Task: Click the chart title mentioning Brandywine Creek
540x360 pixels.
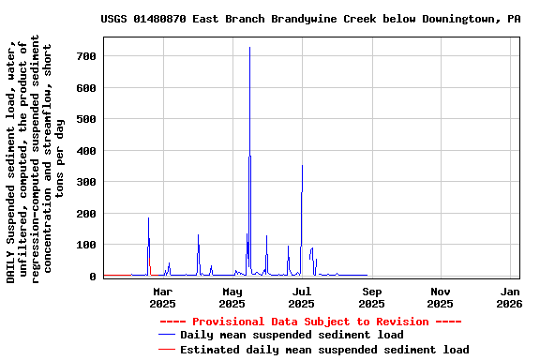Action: pyautogui.click(x=310, y=19)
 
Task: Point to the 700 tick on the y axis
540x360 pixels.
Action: pyautogui.click(x=87, y=56)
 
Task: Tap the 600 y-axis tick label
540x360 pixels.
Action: pyautogui.click(x=87, y=88)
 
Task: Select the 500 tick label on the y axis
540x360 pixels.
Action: pyautogui.click(x=87, y=119)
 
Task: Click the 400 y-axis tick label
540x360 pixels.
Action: pyautogui.click(x=87, y=151)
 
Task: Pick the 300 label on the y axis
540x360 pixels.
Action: pyautogui.click(x=87, y=182)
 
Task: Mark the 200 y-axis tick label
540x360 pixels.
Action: pyautogui.click(x=87, y=214)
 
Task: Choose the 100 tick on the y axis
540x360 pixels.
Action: pyautogui.click(x=87, y=245)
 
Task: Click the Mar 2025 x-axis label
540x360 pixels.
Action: pyautogui.click(x=162, y=297)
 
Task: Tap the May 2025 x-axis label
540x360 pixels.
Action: pyautogui.click(x=232, y=297)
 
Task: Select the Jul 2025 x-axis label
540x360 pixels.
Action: pyautogui.click(x=301, y=297)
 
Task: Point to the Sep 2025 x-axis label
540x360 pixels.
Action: pyautogui.click(x=371, y=297)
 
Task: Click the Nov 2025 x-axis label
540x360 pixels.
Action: pyautogui.click(x=441, y=297)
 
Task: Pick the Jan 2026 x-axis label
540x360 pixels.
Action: pyautogui.click(x=509, y=297)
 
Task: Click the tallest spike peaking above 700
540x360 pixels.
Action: pyautogui.click(x=249, y=49)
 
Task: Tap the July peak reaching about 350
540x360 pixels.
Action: pyautogui.click(x=302, y=167)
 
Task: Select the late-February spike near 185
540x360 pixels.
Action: pyautogui.click(x=148, y=219)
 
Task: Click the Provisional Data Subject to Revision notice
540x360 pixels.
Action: pyautogui.click(x=310, y=322)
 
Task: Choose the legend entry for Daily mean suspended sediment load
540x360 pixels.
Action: pyautogui.click(x=292, y=335)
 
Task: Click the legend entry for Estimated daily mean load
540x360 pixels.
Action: pyautogui.click(x=324, y=350)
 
